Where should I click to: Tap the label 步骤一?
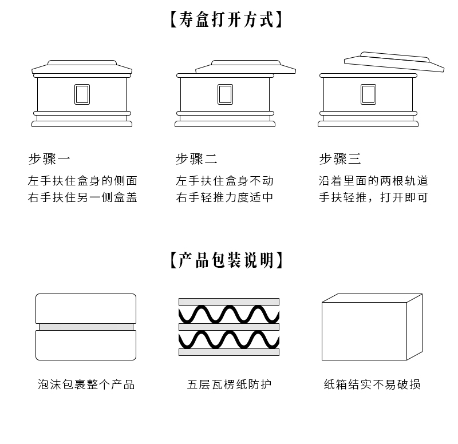point(49,158)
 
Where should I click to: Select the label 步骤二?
point(196,158)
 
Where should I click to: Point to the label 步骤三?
point(340,158)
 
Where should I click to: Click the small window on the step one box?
point(82,94)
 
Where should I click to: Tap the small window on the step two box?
point(225,94)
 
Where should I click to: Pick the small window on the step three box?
point(368,94)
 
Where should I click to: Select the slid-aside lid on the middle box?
point(246,67)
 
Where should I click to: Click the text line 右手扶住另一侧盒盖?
point(82,197)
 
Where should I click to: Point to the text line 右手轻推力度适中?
point(224,197)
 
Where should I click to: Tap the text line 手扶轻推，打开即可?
point(373,197)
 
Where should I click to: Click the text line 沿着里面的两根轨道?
point(373,181)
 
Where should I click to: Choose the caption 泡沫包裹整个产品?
point(86,384)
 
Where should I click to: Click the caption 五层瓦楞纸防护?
point(229,384)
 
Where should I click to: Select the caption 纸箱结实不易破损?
point(372,384)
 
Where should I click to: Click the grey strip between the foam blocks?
point(86,327)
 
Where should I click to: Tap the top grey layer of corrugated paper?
point(229,302)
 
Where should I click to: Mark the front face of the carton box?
point(364,331)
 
